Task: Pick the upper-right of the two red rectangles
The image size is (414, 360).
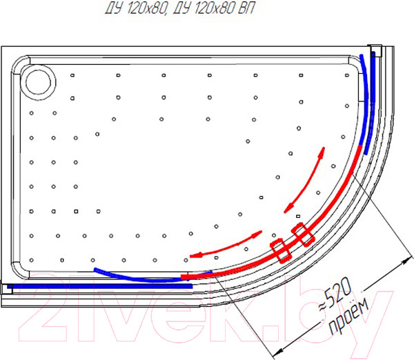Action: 303,234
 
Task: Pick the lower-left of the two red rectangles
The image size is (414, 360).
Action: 281,250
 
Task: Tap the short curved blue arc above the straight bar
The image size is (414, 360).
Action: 135,274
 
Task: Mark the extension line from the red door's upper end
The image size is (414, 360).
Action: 377,208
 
